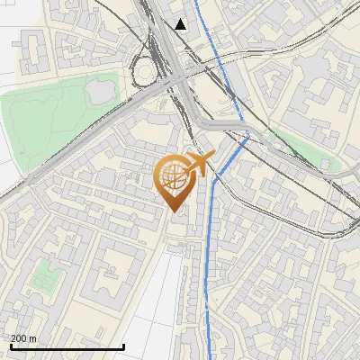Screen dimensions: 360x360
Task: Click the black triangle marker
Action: tap(181, 24)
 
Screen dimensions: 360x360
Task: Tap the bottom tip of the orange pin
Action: tap(174, 212)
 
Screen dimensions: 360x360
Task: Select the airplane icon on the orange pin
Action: tap(198, 165)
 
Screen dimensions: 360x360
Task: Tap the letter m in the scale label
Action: tap(34, 339)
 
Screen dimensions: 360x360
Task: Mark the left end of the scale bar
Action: tap(10, 347)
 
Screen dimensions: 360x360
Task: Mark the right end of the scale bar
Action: tap(123, 347)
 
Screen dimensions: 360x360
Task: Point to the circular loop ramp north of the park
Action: tap(144, 69)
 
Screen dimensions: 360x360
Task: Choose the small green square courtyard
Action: tap(40, 282)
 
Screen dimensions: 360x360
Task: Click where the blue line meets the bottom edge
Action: tap(211, 358)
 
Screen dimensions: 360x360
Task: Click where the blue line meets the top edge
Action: tap(191, 1)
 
